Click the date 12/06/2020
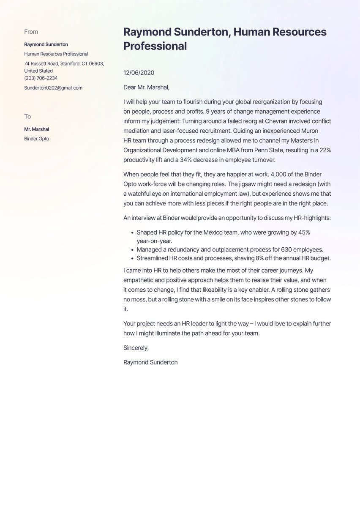coord(139,73)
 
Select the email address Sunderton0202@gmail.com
coord(53,88)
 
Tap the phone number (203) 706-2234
coord(41,78)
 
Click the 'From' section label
coord(31,32)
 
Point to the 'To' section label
coord(27,116)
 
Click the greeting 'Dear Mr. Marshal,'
coord(146,88)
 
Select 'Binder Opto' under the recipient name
coord(37,139)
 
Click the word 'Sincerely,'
coord(136,348)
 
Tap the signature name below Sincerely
coord(150,362)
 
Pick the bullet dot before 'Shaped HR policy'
coord(132,233)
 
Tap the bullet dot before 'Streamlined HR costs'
coord(132,259)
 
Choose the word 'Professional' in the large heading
coord(155,46)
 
